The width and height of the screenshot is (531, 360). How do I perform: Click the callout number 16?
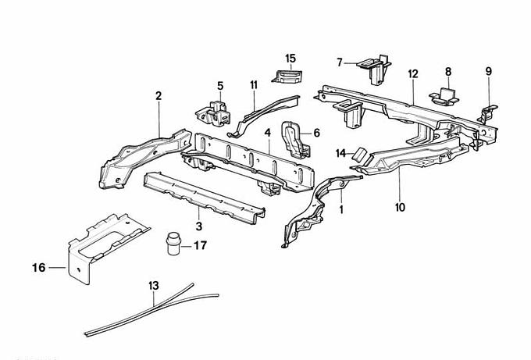click(37, 268)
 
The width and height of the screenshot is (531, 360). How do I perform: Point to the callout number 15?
click(290, 58)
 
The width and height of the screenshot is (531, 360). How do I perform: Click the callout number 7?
click(340, 62)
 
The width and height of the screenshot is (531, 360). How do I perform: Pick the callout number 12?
click(413, 73)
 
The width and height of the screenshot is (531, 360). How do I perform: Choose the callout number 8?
click(448, 72)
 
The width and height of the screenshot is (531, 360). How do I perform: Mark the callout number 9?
click(489, 72)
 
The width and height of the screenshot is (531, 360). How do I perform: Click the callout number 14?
click(340, 152)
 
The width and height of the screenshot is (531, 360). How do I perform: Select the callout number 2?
click(159, 96)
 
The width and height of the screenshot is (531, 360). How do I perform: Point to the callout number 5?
click(220, 86)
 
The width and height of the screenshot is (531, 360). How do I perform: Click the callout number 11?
click(254, 84)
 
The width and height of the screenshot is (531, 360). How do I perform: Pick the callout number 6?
click(317, 133)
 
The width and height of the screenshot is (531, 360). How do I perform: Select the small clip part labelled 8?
click(445, 95)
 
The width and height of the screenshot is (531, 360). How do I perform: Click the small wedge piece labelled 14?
click(362, 154)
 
